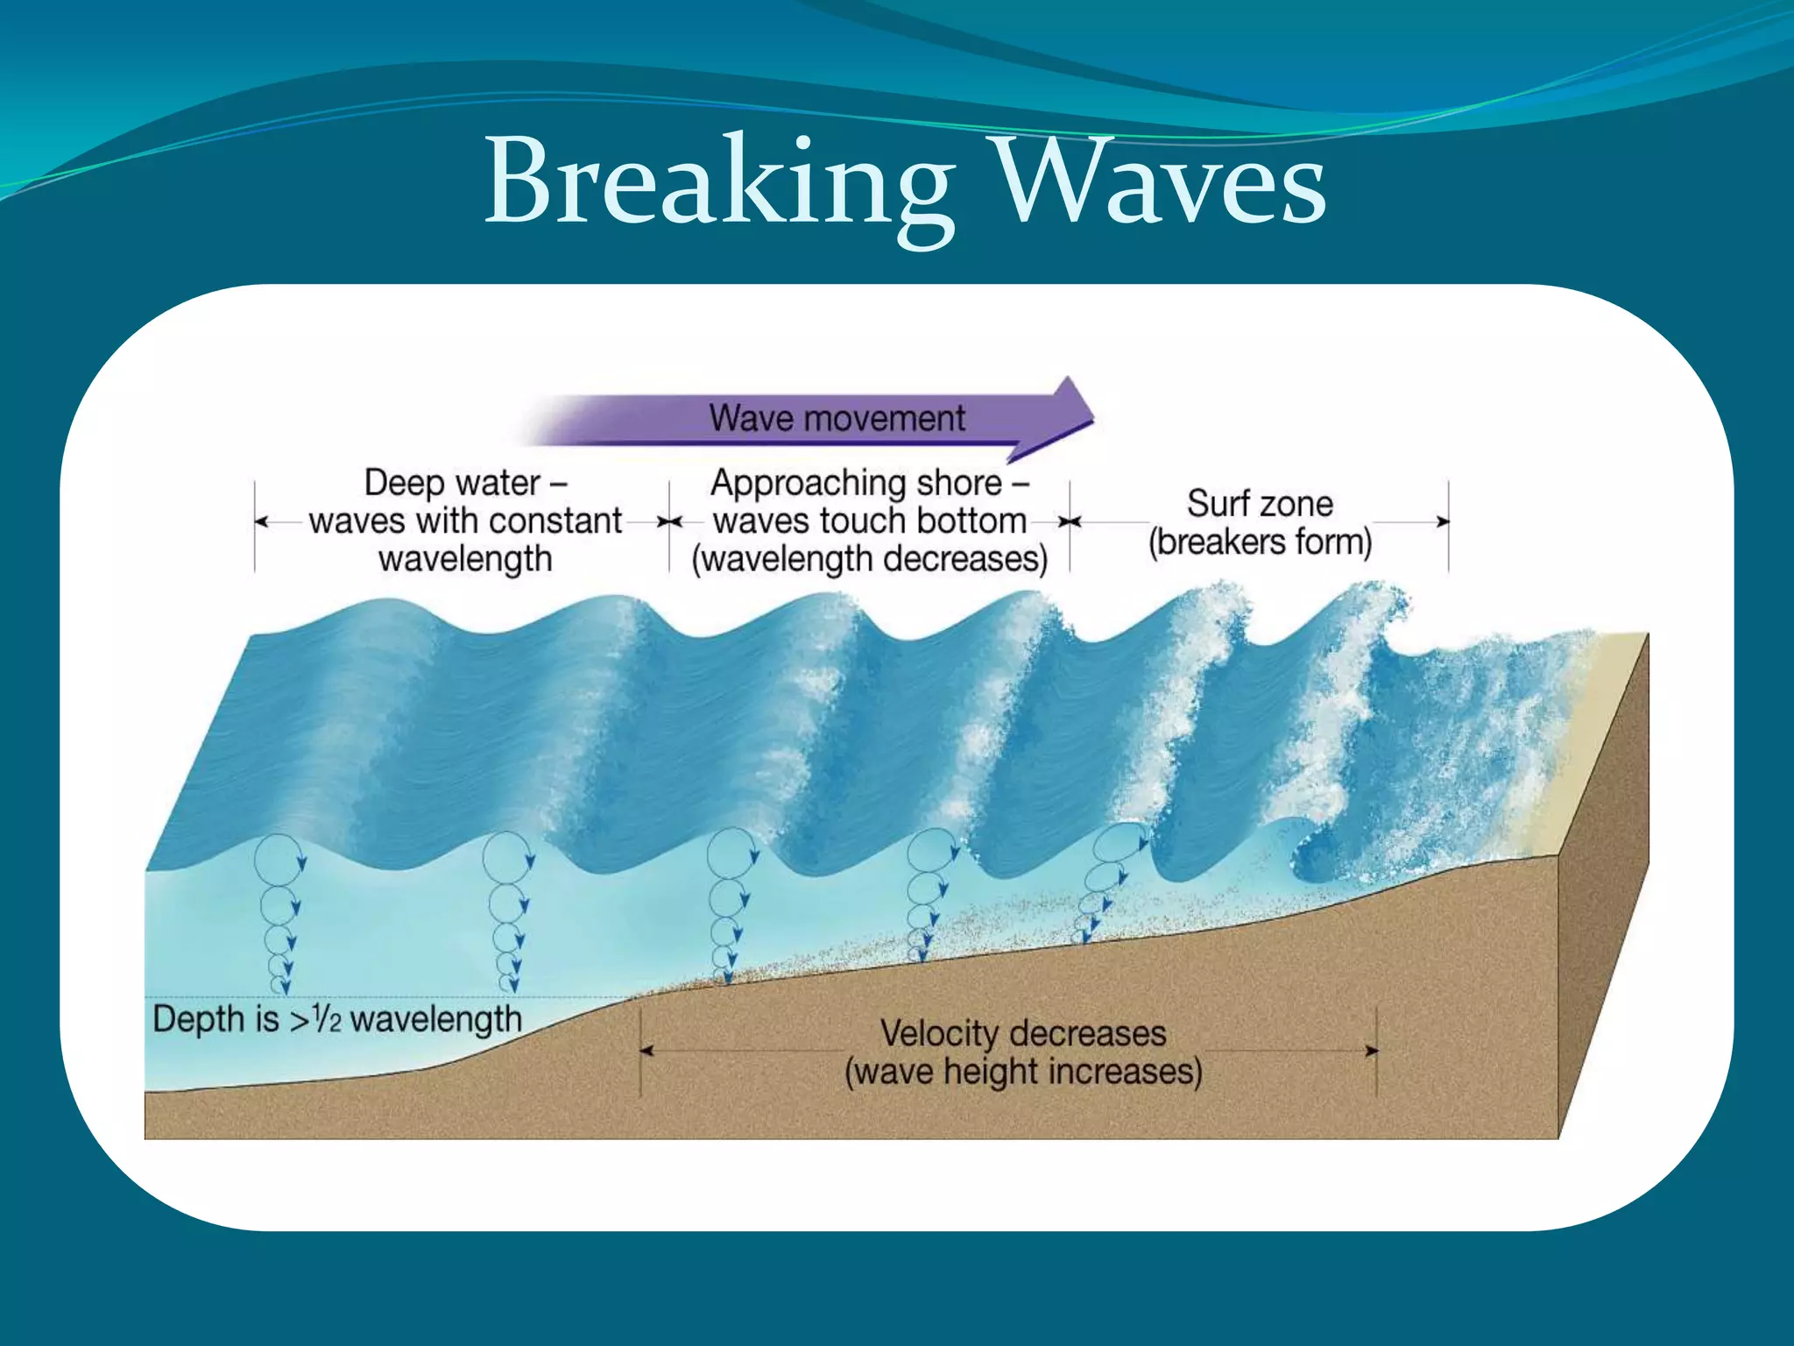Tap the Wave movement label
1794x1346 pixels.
click(837, 418)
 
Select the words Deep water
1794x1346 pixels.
click(452, 483)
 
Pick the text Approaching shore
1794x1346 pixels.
click(856, 483)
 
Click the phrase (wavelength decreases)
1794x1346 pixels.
click(869, 559)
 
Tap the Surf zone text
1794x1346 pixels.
click(1260, 504)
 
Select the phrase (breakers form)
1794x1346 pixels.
click(1260, 542)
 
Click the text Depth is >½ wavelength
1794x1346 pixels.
click(337, 1019)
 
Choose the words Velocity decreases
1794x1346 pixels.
click(1022, 1033)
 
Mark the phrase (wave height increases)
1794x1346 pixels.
click(1022, 1072)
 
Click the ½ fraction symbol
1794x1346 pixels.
click(328, 1018)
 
